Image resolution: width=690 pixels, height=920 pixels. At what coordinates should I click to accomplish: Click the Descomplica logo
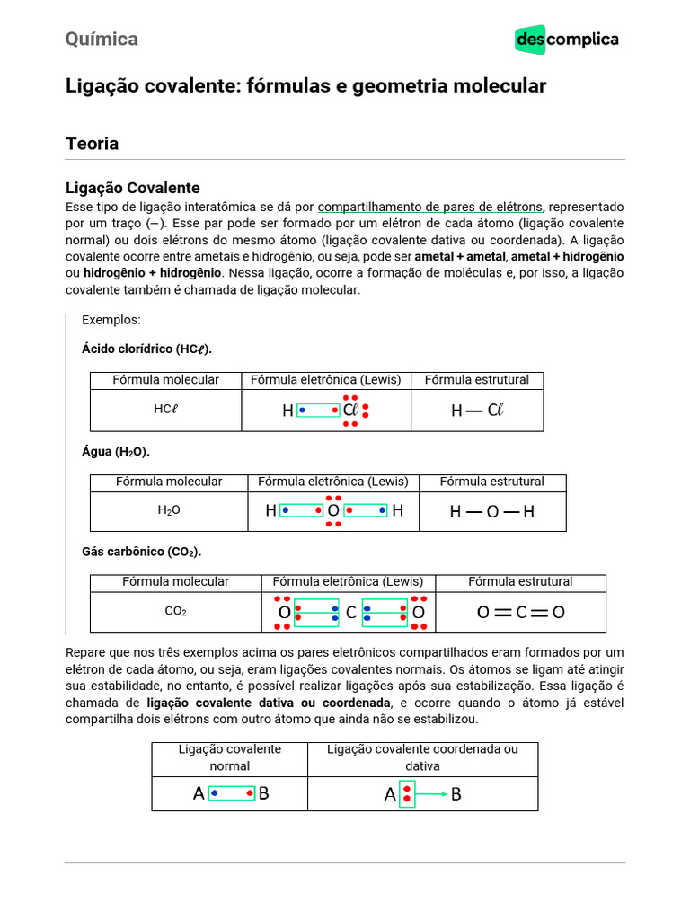coord(566,40)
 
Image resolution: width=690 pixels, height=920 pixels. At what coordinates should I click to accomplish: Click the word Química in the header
coord(102,39)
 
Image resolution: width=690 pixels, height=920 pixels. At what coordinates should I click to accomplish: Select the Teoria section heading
coord(92,144)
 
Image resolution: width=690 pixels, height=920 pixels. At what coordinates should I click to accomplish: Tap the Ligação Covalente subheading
coord(132,188)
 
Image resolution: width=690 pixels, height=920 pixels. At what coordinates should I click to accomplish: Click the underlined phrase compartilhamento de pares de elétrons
coord(430,206)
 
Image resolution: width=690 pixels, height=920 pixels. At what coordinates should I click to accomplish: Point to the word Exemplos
coord(111,320)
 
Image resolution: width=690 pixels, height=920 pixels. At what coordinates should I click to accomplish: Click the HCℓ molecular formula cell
coord(166,410)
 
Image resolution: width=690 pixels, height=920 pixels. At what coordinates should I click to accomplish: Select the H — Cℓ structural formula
coord(477,411)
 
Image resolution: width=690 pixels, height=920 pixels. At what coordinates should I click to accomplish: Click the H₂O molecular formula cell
coord(169,510)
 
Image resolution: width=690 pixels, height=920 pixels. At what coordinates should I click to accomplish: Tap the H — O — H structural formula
coord(492,511)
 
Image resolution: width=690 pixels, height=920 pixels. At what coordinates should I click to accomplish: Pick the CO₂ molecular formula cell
coord(175,612)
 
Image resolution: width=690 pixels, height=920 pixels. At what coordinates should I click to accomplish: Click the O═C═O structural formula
coord(521,613)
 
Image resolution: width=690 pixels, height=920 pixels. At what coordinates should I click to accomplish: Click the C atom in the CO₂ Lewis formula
coord(351,613)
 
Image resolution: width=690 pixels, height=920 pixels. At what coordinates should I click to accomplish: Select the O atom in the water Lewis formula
coord(333,510)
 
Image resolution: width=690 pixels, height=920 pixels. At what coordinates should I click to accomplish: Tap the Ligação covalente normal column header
coord(229,757)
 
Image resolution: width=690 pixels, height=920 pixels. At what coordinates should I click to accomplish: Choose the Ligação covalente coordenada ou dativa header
coord(422,757)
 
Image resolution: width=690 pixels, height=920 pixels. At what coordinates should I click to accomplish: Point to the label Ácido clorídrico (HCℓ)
coord(147,349)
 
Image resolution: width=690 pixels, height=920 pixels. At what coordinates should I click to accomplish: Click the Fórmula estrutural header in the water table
coord(491,482)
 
